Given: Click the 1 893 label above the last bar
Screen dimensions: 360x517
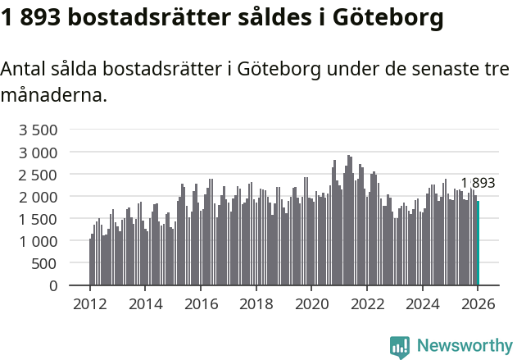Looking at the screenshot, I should pos(478,183).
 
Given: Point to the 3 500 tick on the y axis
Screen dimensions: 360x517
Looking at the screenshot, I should pos(39,130).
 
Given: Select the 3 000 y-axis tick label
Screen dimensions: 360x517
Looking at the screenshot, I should pos(39,153).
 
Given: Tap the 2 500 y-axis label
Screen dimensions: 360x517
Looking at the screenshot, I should pos(39,175).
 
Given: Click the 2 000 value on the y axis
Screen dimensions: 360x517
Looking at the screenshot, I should pos(39,197).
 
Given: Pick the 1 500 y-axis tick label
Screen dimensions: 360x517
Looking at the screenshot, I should pos(39,219).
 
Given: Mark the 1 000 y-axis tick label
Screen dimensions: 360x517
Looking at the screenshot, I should pos(39,241).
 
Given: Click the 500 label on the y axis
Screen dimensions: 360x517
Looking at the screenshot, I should pos(45,263).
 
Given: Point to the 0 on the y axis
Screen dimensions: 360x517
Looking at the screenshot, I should pos(53,285).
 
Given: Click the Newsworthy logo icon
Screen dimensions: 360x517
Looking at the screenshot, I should pos(400,346).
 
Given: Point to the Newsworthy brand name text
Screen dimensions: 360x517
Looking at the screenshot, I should pos(465,346).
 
